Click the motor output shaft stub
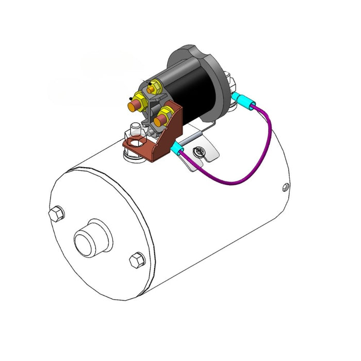click(x=92, y=240)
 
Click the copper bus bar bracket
click(x=155, y=139)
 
